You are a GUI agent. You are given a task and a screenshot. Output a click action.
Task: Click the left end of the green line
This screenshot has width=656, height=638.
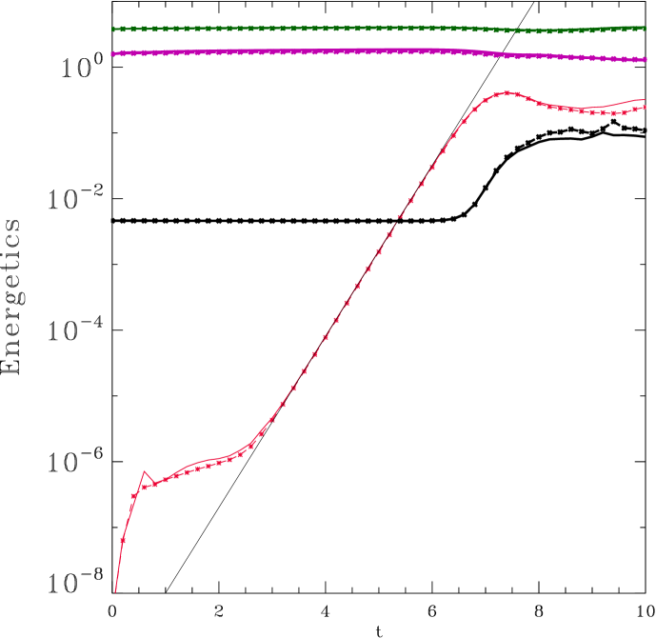click(112, 29)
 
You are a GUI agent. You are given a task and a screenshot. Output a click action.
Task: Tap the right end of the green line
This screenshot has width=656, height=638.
click(646, 28)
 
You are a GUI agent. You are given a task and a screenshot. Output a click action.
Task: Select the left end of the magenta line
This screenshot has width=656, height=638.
click(112, 53)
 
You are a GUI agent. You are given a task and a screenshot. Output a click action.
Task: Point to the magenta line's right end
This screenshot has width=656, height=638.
click(646, 60)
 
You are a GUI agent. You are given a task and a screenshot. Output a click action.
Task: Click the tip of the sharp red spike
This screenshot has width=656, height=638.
click(145, 470)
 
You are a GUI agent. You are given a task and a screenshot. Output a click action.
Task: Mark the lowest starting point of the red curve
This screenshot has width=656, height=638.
click(115, 592)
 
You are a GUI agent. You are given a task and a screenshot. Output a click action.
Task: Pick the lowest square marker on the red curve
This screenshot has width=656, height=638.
click(123, 540)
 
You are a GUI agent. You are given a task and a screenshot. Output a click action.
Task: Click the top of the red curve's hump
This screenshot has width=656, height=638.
click(507, 93)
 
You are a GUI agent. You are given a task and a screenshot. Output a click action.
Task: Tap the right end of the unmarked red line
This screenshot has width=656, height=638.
click(646, 99)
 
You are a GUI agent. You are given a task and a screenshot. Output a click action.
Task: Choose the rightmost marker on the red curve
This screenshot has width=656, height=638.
click(645, 108)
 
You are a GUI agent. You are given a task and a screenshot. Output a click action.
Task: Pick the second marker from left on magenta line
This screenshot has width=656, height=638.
click(123, 53)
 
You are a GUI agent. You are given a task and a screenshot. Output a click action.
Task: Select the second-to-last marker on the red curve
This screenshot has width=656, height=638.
click(634, 110)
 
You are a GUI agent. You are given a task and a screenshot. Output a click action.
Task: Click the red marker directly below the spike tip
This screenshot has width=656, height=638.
click(145, 487)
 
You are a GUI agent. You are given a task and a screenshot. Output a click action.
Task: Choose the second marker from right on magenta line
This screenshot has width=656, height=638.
click(635, 59)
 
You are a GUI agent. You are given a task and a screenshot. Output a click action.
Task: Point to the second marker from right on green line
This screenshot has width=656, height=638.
click(635, 29)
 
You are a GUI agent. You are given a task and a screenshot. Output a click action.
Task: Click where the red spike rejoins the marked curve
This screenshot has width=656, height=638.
click(155, 484)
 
